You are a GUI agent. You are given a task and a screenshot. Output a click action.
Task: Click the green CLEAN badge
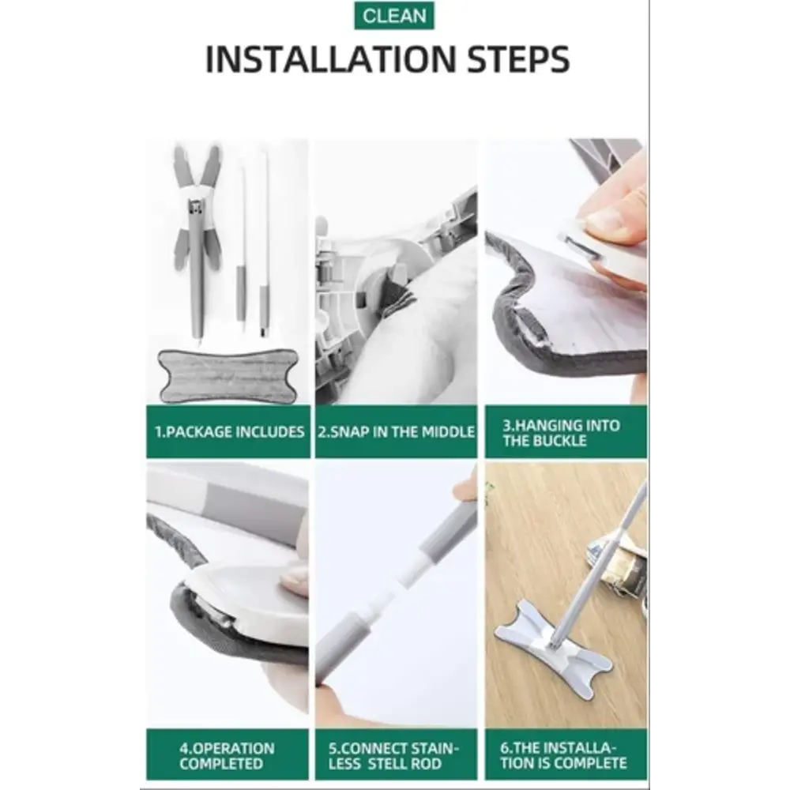394,16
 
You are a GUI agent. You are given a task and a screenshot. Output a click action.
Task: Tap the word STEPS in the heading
518,59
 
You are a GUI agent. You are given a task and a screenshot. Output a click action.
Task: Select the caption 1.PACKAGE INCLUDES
230,432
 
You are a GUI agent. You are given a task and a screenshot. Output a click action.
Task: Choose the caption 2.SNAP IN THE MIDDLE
396,432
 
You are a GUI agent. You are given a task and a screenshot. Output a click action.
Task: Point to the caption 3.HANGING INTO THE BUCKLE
561,433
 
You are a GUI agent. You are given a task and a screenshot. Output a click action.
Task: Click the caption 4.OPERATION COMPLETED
227,756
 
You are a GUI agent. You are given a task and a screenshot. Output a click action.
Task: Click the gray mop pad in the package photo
228,375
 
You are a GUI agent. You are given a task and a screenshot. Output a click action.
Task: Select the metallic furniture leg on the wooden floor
617,566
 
